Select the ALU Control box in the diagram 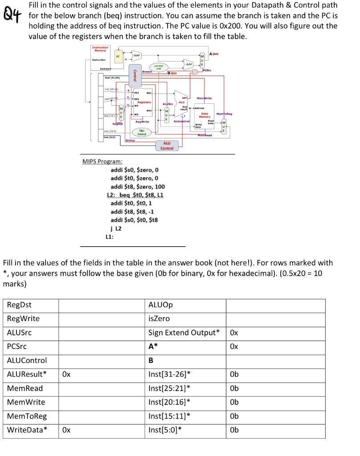point(167,146)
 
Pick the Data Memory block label point(204,115)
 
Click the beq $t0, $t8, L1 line point(135,195)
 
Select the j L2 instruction point(115,228)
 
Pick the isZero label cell point(159,319)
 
